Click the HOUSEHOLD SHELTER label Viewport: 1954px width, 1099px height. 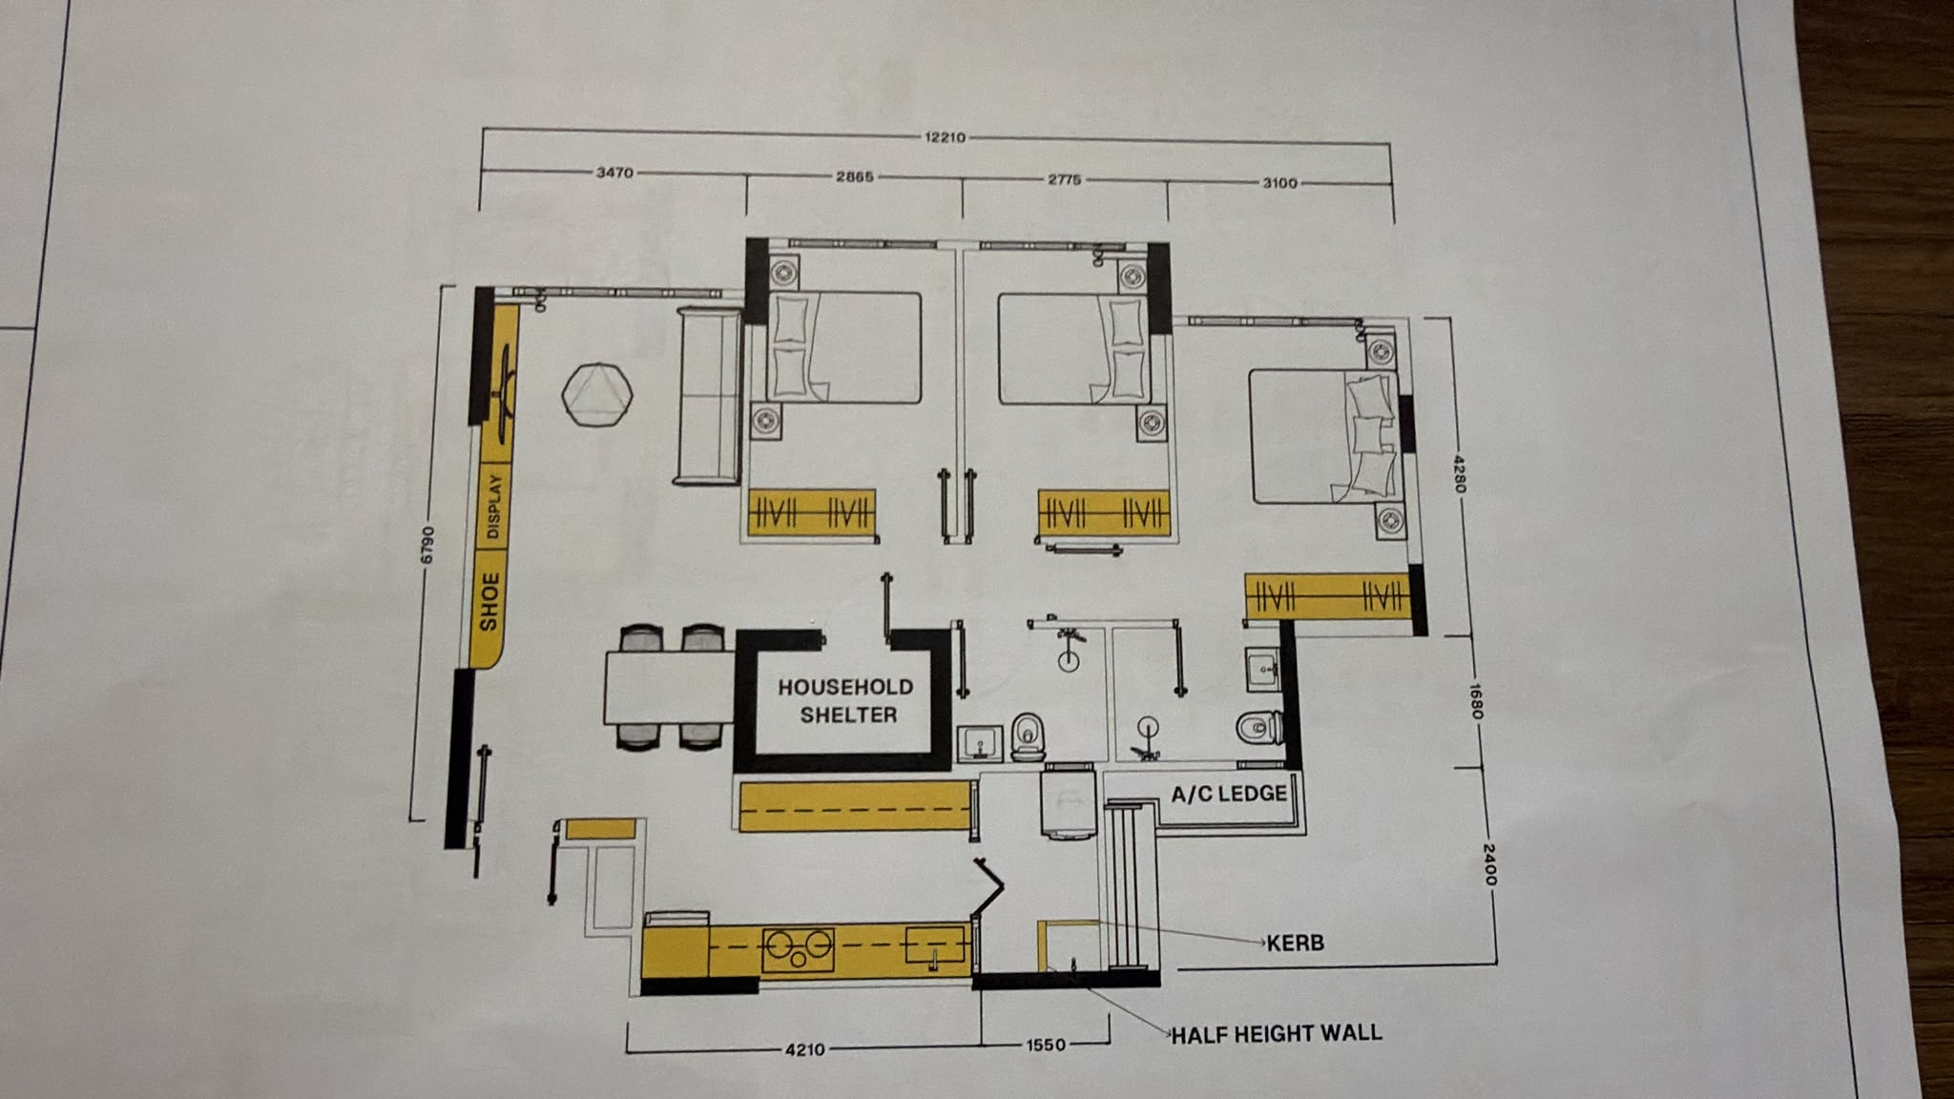point(846,700)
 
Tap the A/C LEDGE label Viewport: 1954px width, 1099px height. point(1229,794)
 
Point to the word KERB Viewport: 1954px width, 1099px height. point(1295,943)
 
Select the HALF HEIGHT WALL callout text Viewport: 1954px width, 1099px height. point(1276,1033)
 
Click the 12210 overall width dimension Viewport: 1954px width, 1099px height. point(945,137)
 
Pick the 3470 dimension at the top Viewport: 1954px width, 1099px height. point(614,173)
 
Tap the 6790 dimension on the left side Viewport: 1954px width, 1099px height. point(427,545)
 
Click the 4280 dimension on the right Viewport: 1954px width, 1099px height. point(1459,474)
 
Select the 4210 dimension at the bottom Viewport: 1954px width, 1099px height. point(804,1049)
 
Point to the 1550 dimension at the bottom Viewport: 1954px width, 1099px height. point(1046,1046)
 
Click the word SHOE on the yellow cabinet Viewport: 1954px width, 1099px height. point(489,602)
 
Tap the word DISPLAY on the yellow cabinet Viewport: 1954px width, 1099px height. point(493,507)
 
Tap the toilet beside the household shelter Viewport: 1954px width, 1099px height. point(1028,737)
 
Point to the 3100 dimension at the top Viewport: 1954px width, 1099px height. point(1279,183)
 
